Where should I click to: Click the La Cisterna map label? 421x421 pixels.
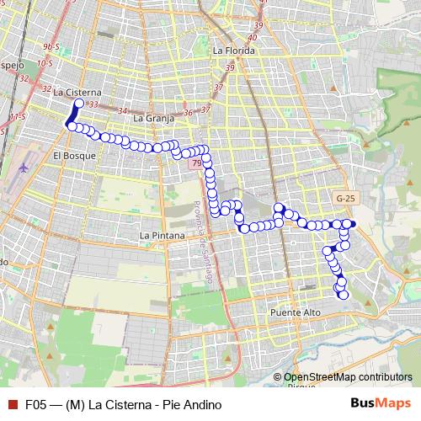click(77, 93)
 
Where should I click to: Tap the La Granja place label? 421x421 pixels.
click(152, 119)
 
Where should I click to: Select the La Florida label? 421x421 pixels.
click(234, 51)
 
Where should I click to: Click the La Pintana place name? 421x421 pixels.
click(162, 236)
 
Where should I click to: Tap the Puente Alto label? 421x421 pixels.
click(296, 312)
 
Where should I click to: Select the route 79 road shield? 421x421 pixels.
click(196, 164)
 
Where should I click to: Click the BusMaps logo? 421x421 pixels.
click(381, 404)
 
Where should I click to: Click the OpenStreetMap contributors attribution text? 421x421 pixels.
click(348, 377)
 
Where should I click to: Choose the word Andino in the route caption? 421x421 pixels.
click(203, 404)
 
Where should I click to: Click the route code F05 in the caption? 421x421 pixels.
click(35, 404)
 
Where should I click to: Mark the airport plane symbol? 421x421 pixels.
click(22, 166)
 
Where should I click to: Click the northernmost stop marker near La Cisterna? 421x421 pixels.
click(79, 104)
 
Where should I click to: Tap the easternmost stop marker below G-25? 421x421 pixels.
click(352, 223)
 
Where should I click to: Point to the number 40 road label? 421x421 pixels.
click(252, 37)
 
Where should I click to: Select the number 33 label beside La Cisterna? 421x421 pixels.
click(93, 104)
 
